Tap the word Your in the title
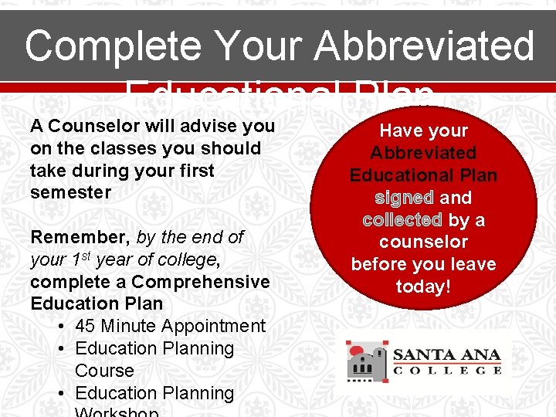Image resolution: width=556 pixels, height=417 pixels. tap(254, 46)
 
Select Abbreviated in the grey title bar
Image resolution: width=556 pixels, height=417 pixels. tap(424, 46)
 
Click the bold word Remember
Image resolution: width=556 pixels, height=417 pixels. tap(80, 237)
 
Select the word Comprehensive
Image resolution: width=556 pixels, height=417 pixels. tap(200, 282)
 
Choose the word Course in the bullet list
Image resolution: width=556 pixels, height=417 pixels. tap(104, 371)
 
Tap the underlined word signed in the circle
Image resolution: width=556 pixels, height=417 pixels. tap(404, 198)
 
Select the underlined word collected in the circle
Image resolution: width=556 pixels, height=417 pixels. tap(402, 220)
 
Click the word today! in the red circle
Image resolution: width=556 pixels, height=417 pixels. tap(423, 286)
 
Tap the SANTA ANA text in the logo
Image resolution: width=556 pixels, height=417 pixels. tap(447, 356)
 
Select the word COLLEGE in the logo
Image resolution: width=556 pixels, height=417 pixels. tap(447, 371)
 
